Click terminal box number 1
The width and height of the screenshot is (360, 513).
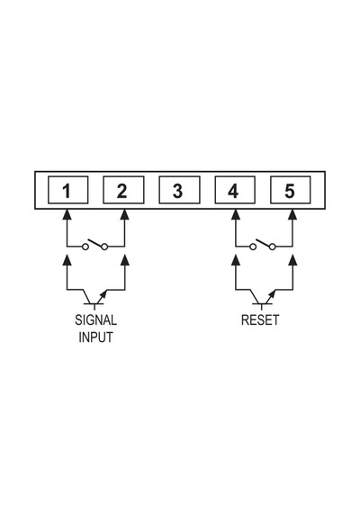click(x=68, y=190)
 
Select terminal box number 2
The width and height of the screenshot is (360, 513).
click(x=123, y=190)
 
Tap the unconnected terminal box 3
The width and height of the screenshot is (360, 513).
click(x=179, y=190)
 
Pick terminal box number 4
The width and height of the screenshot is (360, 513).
click(x=235, y=190)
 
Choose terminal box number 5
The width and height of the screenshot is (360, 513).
click(x=291, y=190)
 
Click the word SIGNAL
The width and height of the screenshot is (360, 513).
click(x=95, y=320)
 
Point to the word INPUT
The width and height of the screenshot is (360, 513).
click(x=95, y=337)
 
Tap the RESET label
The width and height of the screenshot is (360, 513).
click(x=260, y=320)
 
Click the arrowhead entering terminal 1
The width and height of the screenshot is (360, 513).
click(x=67, y=214)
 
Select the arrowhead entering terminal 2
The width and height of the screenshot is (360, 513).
click(x=125, y=214)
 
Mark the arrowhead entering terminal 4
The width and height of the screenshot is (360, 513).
click(x=235, y=214)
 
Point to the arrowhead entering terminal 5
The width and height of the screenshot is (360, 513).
click(x=293, y=214)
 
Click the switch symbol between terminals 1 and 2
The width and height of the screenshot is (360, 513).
click(x=95, y=245)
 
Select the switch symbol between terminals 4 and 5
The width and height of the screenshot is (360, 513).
click(x=263, y=245)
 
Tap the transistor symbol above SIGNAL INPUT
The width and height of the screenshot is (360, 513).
click(x=94, y=299)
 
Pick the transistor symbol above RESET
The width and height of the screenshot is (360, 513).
click(x=263, y=299)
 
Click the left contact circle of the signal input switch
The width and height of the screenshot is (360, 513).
click(x=85, y=247)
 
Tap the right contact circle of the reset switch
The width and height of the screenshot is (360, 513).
click(x=273, y=247)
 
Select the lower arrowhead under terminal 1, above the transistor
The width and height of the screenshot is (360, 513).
click(x=67, y=260)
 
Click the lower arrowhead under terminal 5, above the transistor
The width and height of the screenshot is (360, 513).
click(x=293, y=260)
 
